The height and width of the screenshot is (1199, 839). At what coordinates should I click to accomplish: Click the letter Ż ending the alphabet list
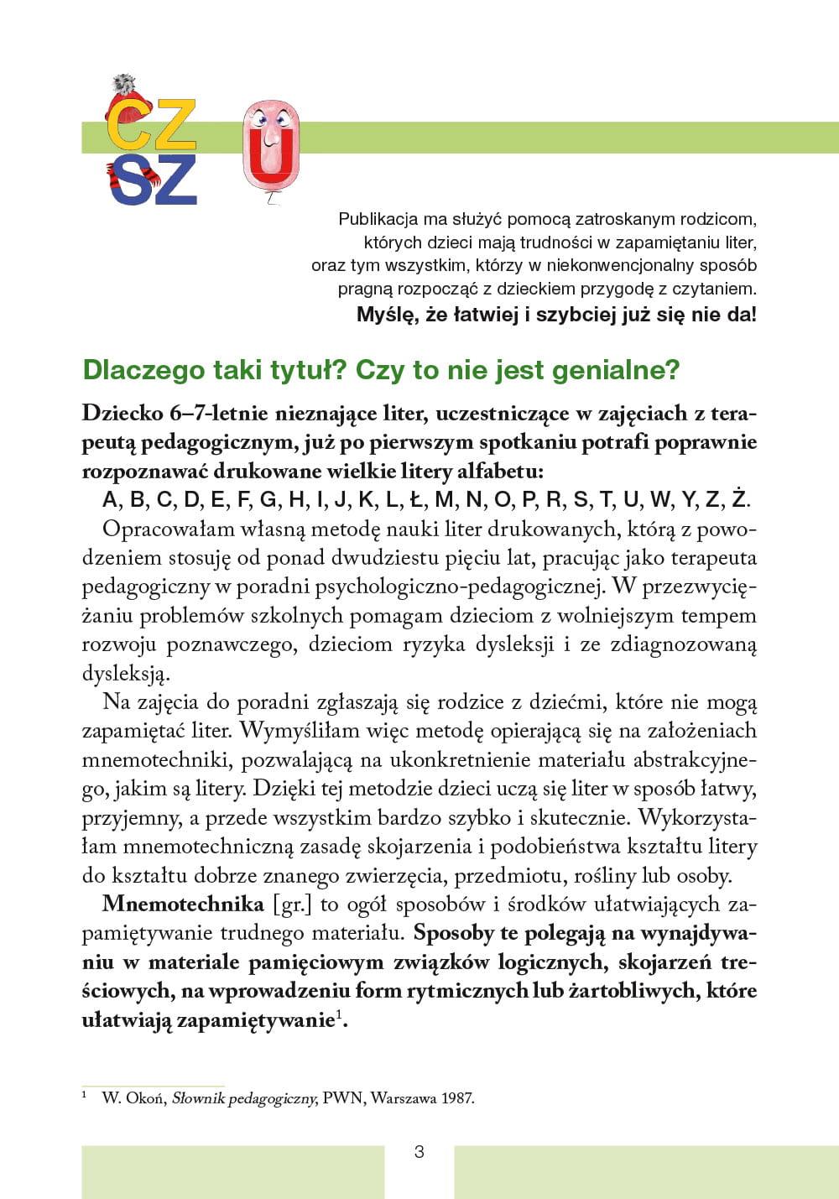coord(738,500)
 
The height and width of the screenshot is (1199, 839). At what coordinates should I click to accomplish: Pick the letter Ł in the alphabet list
coord(415,501)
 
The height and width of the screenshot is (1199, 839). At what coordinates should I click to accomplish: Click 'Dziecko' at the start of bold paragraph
coord(122,414)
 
